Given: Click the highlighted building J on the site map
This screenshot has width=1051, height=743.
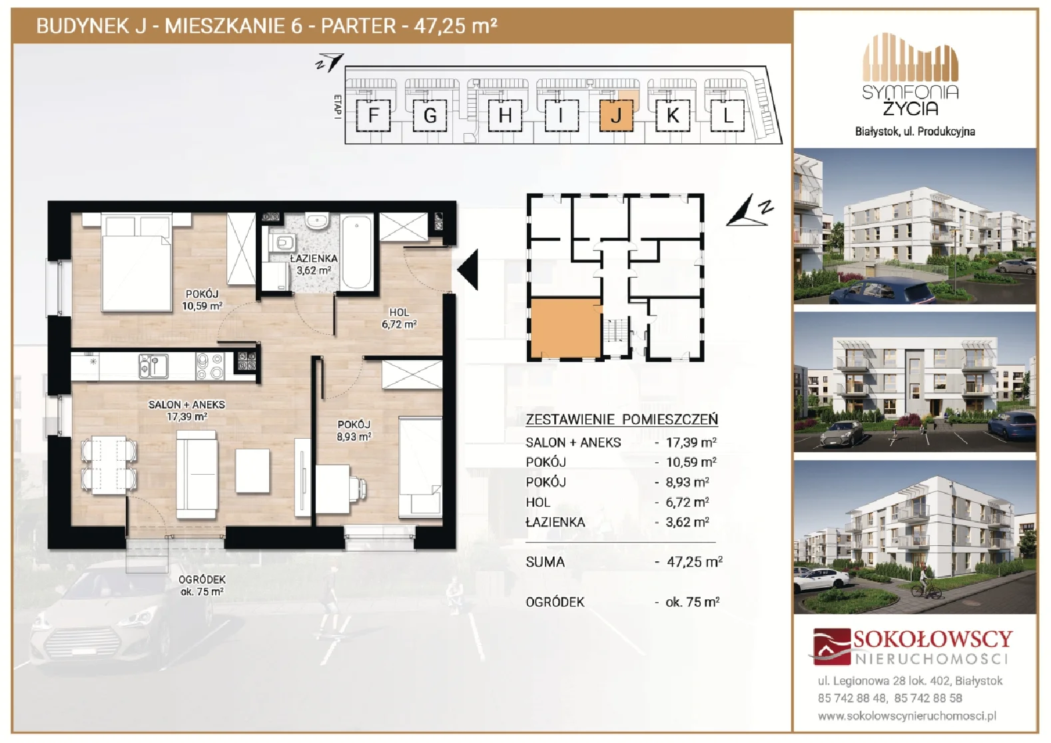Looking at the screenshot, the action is pyautogui.click(x=617, y=115).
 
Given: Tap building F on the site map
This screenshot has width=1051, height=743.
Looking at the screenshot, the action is pyautogui.click(x=374, y=115).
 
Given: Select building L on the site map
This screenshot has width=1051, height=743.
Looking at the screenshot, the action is pyautogui.click(x=727, y=115).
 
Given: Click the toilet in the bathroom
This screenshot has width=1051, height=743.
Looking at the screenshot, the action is pyautogui.click(x=282, y=243).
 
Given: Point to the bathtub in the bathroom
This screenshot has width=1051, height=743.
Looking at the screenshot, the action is pyautogui.click(x=357, y=252).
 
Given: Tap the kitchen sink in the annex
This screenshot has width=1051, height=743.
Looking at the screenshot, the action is pyautogui.click(x=153, y=366).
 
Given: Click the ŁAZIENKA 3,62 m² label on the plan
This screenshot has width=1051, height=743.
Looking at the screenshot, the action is pyautogui.click(x=314, y=264).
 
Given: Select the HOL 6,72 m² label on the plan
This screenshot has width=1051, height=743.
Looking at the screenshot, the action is pyautogui.click(x=399, y=318).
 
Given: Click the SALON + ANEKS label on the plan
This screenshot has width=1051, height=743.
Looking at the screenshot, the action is pyautogui.click(x=186, y=404).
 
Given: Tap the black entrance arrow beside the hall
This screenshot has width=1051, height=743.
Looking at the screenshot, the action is pyautogui.click(x=468, y=270).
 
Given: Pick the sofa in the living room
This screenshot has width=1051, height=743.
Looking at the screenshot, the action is pyautogui.click(x=197, y=475).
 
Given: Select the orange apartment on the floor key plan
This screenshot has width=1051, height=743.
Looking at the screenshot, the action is pyautogui.click(x=566, y=328).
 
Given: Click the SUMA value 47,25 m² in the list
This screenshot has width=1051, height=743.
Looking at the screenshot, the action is pyautogui.click(x=694, y=561).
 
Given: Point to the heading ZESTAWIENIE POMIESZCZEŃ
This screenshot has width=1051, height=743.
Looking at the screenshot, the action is pyautogui.click(x=621, y=419).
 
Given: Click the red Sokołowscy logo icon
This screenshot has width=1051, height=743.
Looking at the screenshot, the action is pyautogui.click(x=831, y=646).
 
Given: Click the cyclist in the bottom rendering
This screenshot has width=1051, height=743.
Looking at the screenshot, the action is pyautogui.click(x=925, y=583).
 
